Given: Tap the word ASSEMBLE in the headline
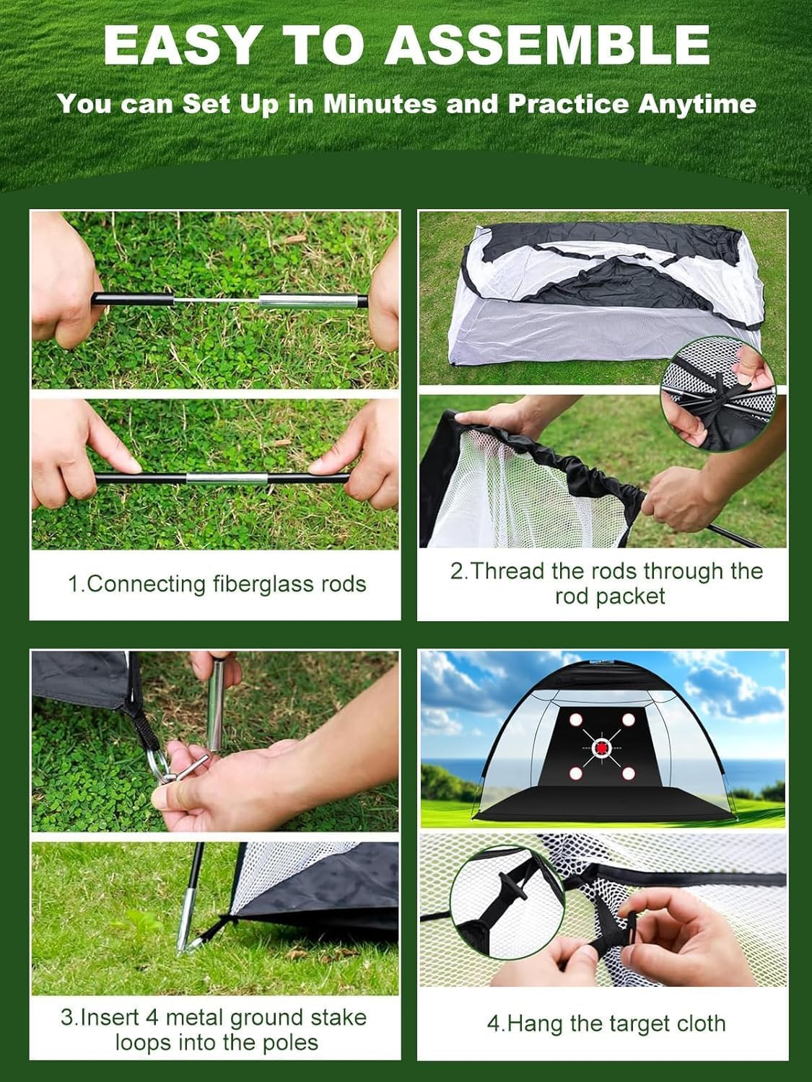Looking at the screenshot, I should [546, 45].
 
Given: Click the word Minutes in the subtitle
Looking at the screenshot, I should [380, 104].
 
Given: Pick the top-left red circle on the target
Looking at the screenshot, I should [576, 720].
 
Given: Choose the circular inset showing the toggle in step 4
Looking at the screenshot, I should [507, 902].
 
